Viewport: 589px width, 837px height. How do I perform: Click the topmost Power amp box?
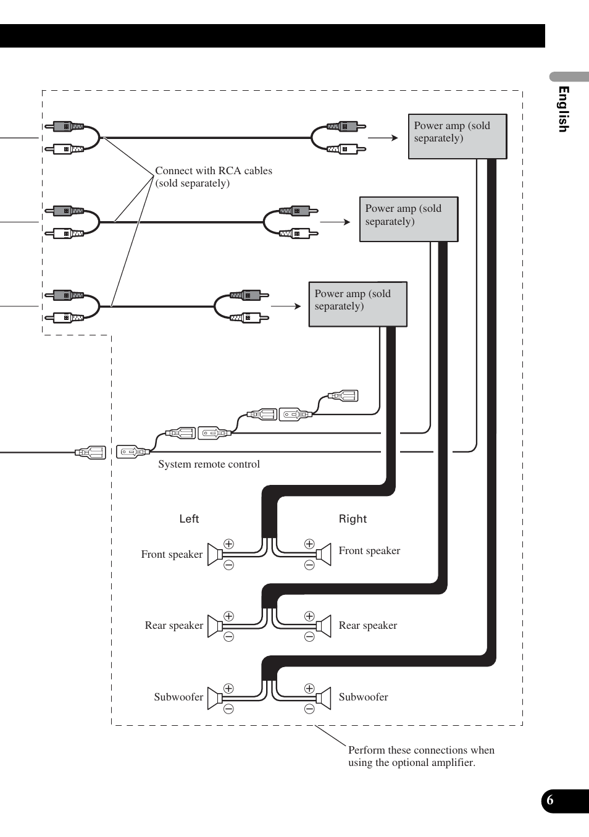[x=457, y=137]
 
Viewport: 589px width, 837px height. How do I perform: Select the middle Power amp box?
[x=409, y=219]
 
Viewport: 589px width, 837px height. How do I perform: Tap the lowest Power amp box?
[x=358, y=304]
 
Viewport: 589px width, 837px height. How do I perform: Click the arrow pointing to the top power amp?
[x=383, y=138]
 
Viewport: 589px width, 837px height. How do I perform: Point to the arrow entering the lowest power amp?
[x=286, y=306]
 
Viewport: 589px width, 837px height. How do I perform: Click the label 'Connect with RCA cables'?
[x=214, y=170]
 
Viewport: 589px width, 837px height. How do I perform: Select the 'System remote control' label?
[x=209, y=464]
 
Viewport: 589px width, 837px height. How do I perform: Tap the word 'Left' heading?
[x=189, y=519]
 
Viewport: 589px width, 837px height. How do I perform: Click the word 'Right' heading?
[x=353, y=519]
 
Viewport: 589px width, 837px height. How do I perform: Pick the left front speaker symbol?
[x=215, y=555]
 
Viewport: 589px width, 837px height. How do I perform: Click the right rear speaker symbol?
[x=324, y=626]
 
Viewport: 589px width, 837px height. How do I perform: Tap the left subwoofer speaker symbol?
[x=215, y=698]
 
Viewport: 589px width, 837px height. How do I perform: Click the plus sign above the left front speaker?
[x=228, y=544]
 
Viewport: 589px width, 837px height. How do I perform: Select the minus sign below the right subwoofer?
[x=309, y=709]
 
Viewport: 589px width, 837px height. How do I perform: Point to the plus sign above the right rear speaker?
[x=309, y=616]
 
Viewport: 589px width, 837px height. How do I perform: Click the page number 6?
[x=549, y=800]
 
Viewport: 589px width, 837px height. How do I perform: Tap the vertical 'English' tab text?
[x=563, y=109]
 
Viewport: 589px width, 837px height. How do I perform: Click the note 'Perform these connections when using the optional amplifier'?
[x=421, y=756]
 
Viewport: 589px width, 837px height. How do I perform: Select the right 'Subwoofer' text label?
[x=363, y=697]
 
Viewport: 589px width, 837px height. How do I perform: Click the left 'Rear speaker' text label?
[x=174, y=626]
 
